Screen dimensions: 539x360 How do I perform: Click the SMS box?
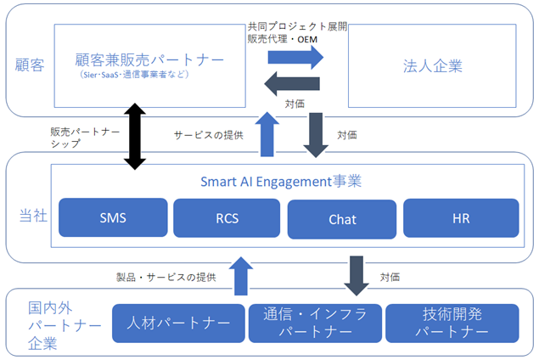click(113, 217)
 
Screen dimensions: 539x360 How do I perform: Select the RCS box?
click(227, 218)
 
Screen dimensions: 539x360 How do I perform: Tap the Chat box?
click(342, 219)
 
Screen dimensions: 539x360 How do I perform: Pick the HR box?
click(461, 218)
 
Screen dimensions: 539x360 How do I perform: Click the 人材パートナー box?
click(178, 323)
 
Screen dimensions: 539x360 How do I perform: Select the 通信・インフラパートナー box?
click(315, 323)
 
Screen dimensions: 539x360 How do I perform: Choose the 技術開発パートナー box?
click(452, 323)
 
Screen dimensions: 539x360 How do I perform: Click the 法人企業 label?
click(432, 66)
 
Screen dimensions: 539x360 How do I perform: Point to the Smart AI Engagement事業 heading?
click(281, 182)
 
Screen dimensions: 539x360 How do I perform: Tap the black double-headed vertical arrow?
click(135, 137)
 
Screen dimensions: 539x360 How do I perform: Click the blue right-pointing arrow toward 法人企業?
click(295, 57)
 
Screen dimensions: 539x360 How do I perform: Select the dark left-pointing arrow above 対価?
click(292, 83)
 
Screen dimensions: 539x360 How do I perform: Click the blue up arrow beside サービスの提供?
click(267, 134)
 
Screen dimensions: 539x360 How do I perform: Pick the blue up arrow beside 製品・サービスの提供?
click(241, 276)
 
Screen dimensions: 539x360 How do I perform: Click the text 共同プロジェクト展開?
click(297, 26)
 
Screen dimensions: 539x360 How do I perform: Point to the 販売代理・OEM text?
click(282, 39)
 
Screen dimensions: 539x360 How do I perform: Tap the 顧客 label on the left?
click(30, 65)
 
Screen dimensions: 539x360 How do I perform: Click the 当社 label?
click(33, 216)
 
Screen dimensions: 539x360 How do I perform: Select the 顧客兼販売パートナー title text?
click(149, 59)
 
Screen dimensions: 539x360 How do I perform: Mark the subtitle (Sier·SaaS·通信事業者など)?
click(134, 74)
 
